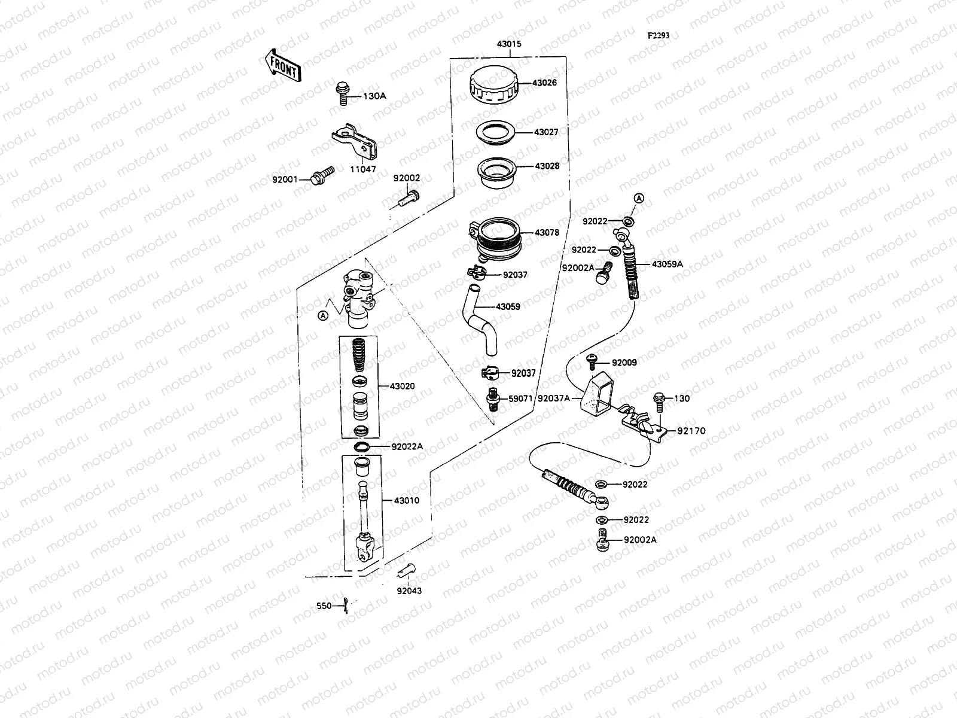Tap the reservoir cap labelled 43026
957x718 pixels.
(493, 87)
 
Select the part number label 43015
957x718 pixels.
(508, 44)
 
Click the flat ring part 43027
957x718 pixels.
(496, 133)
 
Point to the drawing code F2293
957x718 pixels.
(658, 35)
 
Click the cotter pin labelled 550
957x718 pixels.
(347, 606)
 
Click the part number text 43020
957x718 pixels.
(402, 387)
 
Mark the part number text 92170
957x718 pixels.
(691, 431)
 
